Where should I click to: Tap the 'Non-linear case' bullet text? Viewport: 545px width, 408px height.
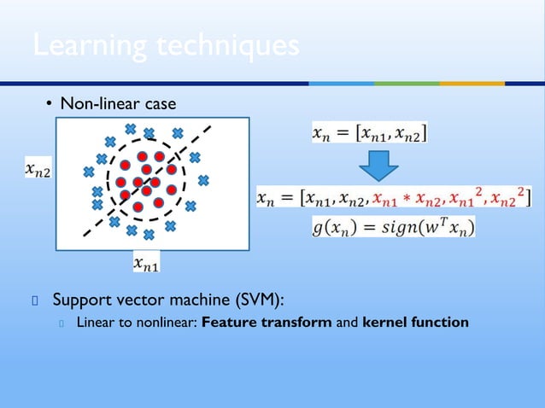pos(118,104)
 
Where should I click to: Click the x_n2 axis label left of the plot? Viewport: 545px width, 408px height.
pos(35,171)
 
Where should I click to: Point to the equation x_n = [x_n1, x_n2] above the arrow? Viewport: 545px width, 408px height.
pos(368,133)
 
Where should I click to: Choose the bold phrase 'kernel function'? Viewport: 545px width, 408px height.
pos(415,323)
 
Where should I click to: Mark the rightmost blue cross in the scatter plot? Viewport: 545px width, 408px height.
pos(203,180)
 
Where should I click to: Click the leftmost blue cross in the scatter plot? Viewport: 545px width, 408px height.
pos(88,172)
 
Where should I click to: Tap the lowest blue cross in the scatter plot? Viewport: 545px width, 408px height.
pos(149,234)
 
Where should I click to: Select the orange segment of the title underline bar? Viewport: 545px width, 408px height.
pos(472,83)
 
